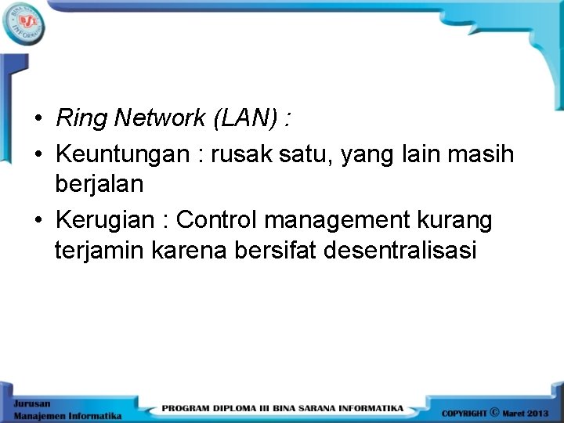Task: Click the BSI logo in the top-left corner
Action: click(23, 24)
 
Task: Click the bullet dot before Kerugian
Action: click(38, 222)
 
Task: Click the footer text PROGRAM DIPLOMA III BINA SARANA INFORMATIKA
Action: click(283, 408)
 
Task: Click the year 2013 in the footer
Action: click(537, 412)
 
